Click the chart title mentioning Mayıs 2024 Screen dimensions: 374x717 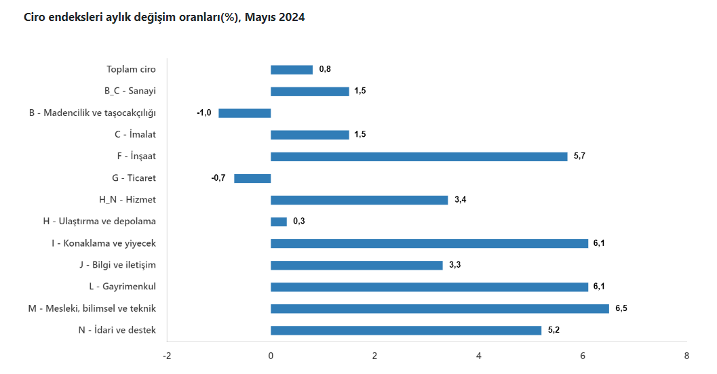tap(164, 18)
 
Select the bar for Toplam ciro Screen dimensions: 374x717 tap(292, 70)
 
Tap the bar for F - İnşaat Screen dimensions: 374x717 tap(419, 157)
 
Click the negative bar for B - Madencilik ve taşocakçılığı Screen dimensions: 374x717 tap(245, 113)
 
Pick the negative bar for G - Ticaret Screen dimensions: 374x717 tap(252, 178)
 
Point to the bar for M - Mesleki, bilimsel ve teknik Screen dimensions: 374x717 tap(440, 309)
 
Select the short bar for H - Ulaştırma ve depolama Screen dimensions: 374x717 tap(279, 222)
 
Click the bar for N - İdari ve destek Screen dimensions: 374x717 tap(406, 331)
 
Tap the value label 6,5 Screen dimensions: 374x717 tap(621, 309)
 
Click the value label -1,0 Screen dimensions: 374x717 tap(204, 113)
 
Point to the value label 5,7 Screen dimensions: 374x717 tap(579, 157)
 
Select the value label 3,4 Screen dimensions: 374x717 tap(460, 200)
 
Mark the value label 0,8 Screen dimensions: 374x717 tap(325, 70)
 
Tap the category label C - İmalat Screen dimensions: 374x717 tap(135, 135)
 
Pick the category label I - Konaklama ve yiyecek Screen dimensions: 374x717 tap(104, 243)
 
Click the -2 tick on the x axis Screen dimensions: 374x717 tap(167, 356)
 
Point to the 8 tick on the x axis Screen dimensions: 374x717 tap(686, 356)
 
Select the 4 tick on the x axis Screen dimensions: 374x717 tap(478, 356)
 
